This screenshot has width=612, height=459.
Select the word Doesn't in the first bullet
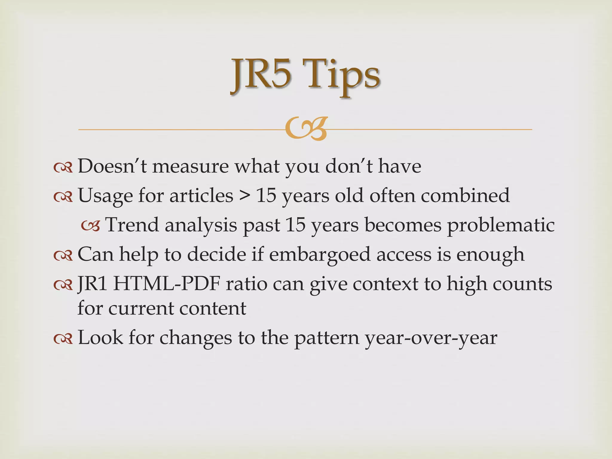tap(112, 166)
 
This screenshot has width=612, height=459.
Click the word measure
tap(190, 166)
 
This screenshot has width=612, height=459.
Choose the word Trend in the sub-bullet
tap(132, 225)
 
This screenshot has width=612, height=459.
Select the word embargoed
tap(319, 254)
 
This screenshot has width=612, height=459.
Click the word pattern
tap(327, 338)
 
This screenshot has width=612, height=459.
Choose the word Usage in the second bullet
tap(105, 196)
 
